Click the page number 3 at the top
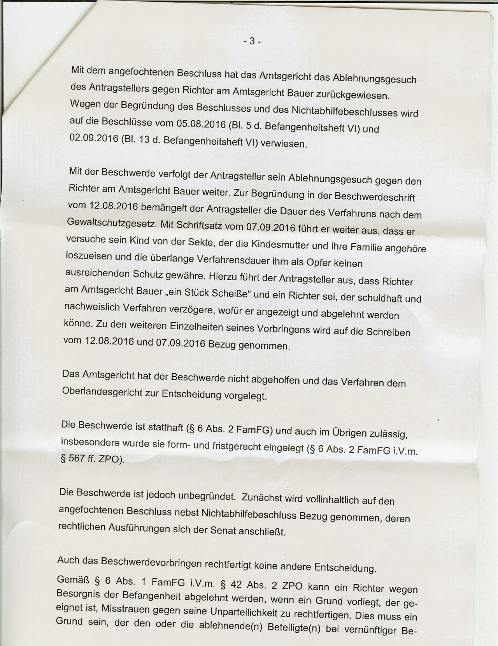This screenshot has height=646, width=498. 252,41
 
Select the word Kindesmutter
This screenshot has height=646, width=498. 282,245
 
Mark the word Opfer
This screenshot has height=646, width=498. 319,263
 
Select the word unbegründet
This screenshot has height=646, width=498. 207,496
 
